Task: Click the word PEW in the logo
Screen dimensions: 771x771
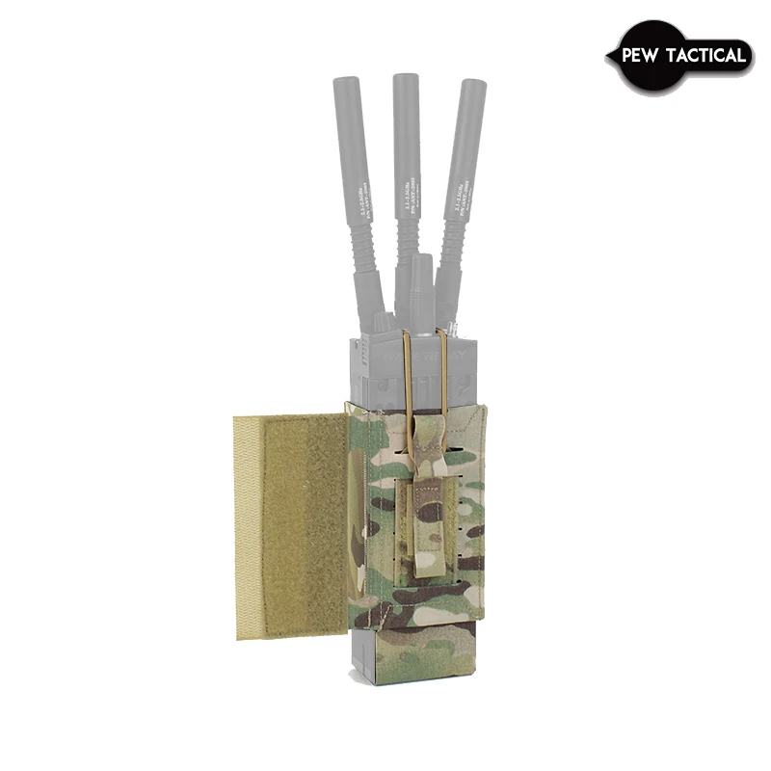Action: pyautogui.click(x=638, y=56)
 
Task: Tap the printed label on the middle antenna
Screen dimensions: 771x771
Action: pyautogui.click(x=409, y=183)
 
